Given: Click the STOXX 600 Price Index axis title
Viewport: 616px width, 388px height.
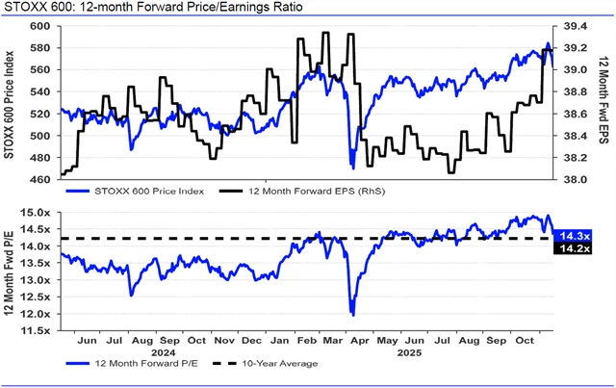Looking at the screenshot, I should coord(11,101).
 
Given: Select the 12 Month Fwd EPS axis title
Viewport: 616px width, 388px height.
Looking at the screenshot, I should coord(604,101).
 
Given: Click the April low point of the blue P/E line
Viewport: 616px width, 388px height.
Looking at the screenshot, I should coord(353,315).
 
